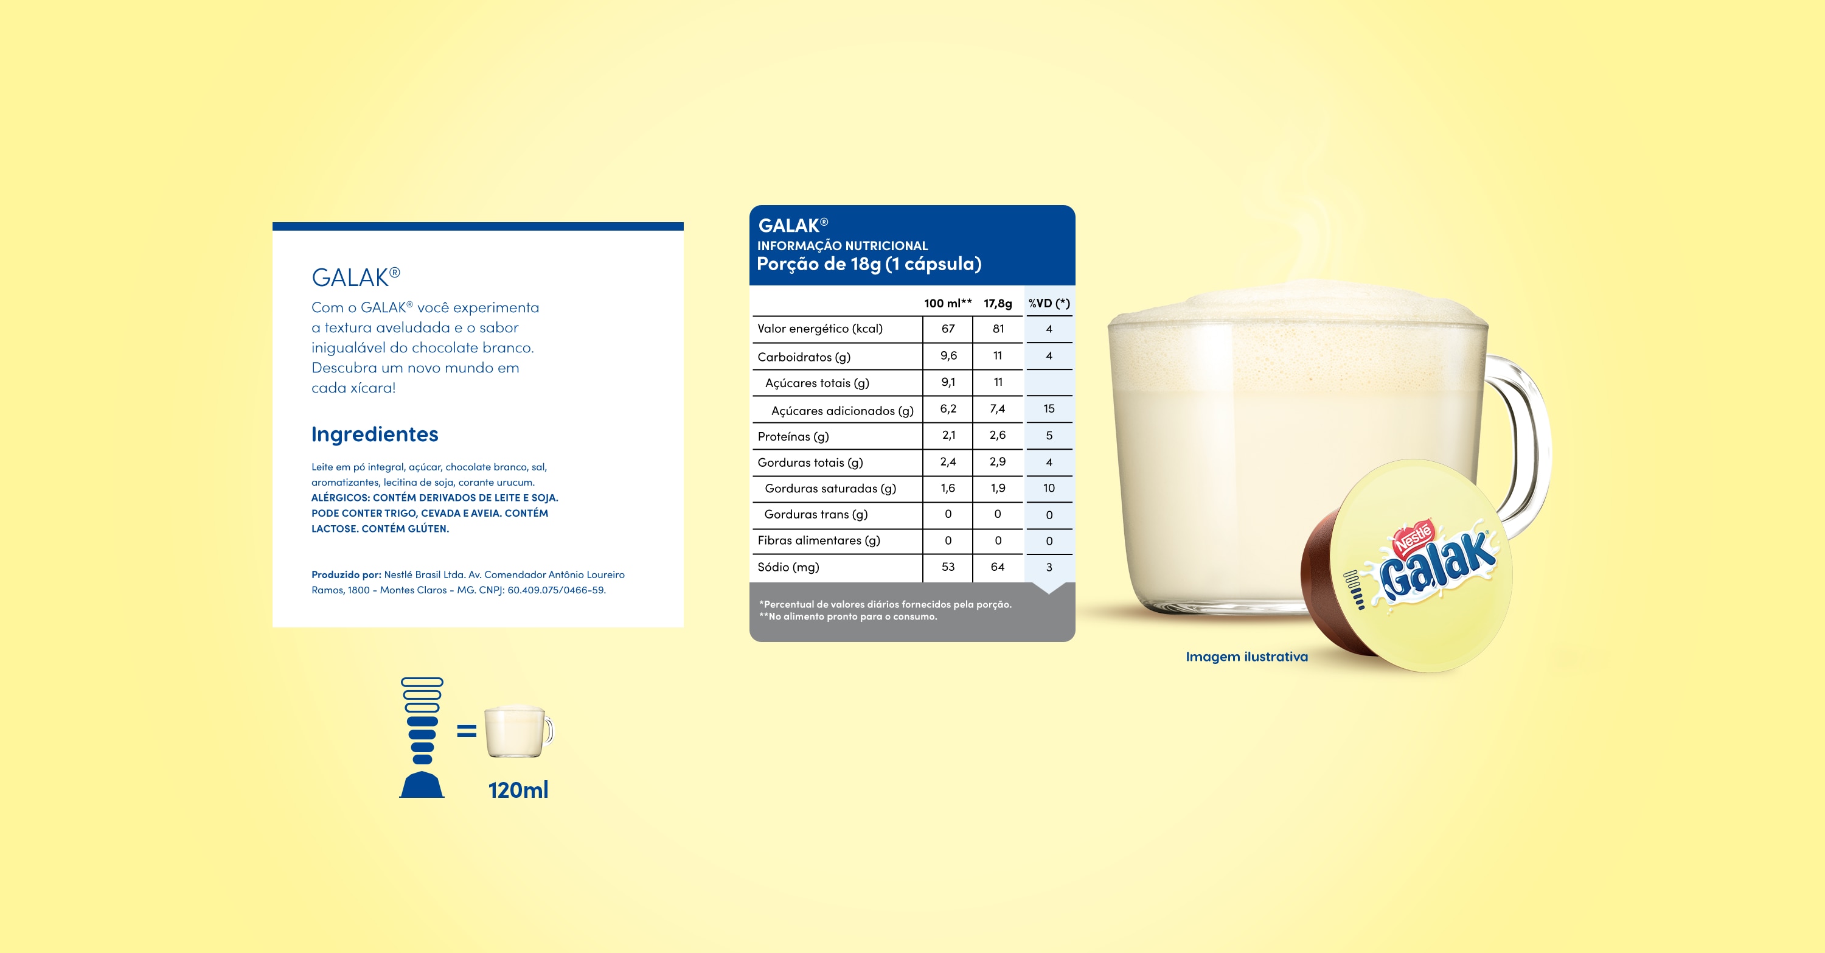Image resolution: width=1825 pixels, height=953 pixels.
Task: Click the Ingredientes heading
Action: click(375, 435)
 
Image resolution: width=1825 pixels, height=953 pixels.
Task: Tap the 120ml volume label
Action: click(518, 789)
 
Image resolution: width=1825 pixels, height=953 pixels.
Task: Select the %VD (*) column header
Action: click(1049, 303)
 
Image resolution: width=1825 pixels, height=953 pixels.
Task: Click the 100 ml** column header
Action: click(948, 303)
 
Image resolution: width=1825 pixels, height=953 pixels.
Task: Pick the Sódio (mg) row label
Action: click(788, 567)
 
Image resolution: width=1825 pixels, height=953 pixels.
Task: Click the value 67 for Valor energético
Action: click(948, 329)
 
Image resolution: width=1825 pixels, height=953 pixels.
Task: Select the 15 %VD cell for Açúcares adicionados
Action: click(1049, 409)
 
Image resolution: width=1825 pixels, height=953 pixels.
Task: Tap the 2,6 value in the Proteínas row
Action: click(998, 435)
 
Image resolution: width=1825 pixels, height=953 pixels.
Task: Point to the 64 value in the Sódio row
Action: click(998, 567)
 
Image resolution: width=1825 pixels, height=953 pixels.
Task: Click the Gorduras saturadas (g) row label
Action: click(830, 488)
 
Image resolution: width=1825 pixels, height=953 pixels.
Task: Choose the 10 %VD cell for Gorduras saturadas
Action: click(1049, 488)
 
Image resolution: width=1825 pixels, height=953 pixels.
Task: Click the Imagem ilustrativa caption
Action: click(1247, 657)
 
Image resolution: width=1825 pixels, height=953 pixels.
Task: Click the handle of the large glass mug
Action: click(1534, 439)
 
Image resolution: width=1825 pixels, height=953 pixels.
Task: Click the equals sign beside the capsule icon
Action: click(466, 730)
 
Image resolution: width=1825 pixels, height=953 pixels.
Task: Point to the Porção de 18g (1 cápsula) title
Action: click(869, 264)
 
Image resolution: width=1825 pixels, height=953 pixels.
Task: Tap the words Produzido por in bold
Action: click(346, 574)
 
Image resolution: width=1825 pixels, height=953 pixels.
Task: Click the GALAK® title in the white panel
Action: click(356, 277)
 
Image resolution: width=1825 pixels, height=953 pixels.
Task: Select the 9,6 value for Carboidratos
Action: click(948, 355)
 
